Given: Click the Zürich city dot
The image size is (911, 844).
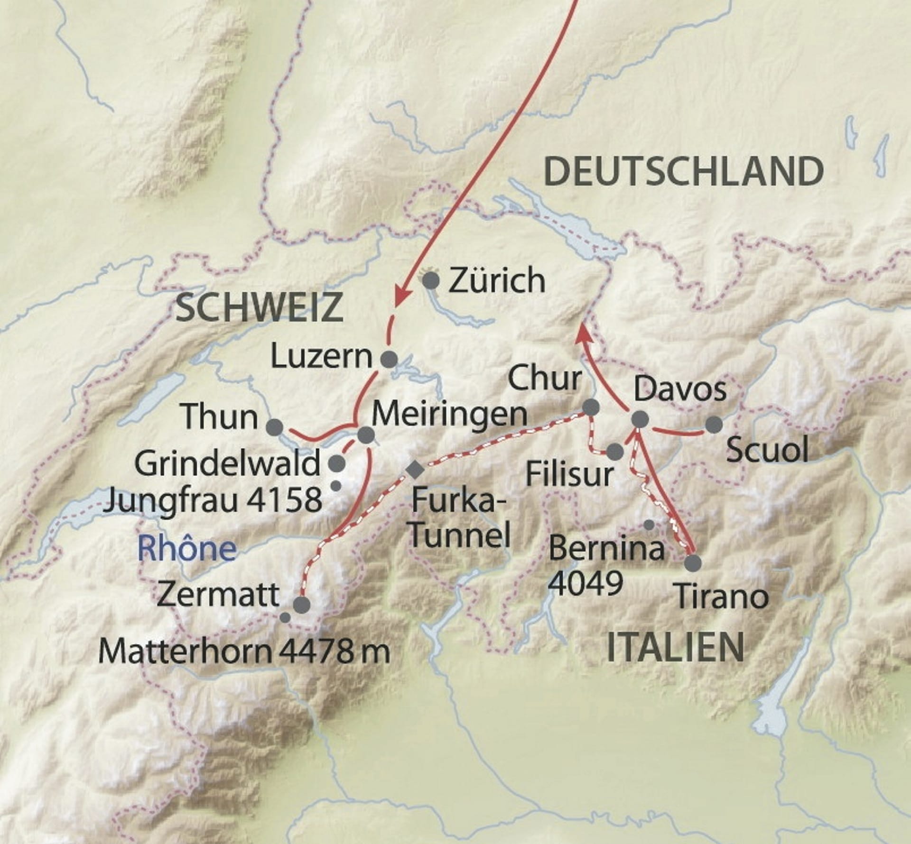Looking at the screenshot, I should (431, 281).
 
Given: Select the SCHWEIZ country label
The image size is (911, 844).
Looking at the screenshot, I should (259, 307).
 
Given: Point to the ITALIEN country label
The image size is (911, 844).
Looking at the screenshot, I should (675, 648).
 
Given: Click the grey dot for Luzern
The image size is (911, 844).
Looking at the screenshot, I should (390, 359).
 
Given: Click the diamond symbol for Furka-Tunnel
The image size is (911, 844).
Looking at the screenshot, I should (416, 470).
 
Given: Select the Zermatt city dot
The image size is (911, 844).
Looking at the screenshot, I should (302, 605).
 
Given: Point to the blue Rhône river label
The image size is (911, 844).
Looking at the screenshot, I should (186, 548).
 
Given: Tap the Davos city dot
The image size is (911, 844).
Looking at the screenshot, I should (640, 419).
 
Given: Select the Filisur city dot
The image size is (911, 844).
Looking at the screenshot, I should (615, 451).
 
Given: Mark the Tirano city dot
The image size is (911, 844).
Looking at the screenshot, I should (693, 563).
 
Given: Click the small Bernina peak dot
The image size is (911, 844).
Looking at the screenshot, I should (650, 525).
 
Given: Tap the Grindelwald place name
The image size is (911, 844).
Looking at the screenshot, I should (228, 464).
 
